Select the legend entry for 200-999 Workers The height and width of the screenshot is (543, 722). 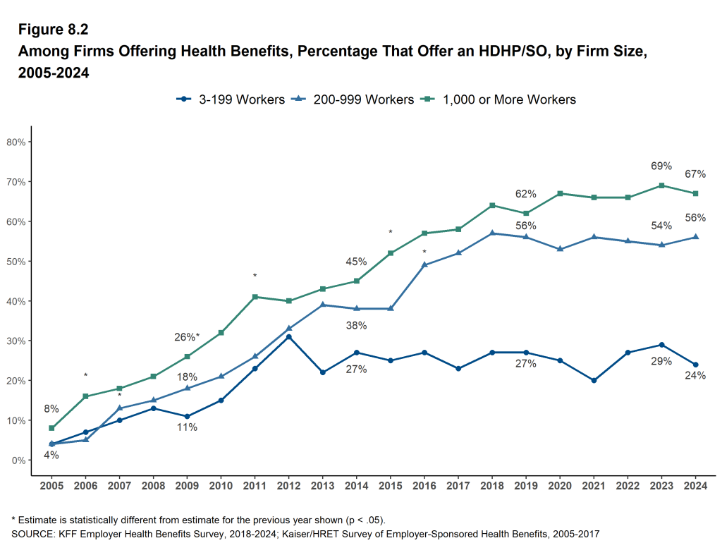point(353,99)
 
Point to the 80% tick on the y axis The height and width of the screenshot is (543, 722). point(16,142)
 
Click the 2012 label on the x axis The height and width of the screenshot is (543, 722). point(289,486)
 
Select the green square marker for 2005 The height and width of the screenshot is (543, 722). point(51,428)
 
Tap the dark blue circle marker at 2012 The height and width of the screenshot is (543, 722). point(289,336)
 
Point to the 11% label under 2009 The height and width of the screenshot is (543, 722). point(187,427)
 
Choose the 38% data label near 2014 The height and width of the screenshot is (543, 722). point(356,326)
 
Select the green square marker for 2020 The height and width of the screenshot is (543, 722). point(559,193)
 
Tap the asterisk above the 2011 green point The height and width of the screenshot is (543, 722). point(255,276)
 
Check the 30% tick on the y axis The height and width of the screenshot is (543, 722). point(16,341)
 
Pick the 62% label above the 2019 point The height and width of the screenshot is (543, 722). point(525,194)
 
